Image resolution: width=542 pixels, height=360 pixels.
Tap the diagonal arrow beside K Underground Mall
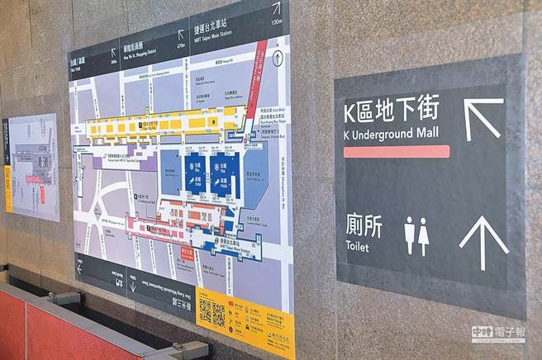coord(482,117)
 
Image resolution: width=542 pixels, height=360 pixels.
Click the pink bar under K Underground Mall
coord(396,152)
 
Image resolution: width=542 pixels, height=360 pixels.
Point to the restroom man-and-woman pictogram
coord(416,236)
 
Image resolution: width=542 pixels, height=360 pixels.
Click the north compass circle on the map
coord(278,57)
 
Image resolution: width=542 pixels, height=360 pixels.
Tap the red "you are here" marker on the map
coord(186,253)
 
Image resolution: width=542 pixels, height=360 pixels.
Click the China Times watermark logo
coord(497,334)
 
